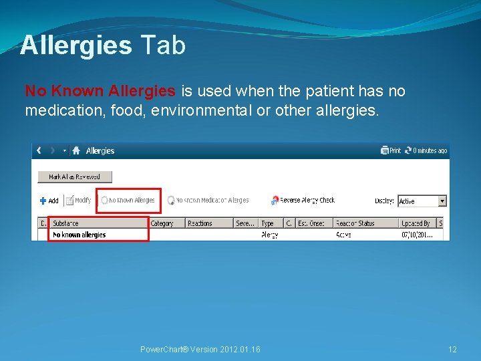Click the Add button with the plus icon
(49, 201)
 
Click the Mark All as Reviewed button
(74, 177)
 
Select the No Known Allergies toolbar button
(128, 200)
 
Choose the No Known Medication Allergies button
(208, 200)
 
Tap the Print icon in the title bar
(391, 150)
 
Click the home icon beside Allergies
(77, 150)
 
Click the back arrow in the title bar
(39, 150)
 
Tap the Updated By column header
(416, 223)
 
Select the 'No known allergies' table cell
(79, 235)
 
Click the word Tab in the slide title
(162, 45)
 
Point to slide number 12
(452, 350)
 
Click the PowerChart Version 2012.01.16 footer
(200, 350)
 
